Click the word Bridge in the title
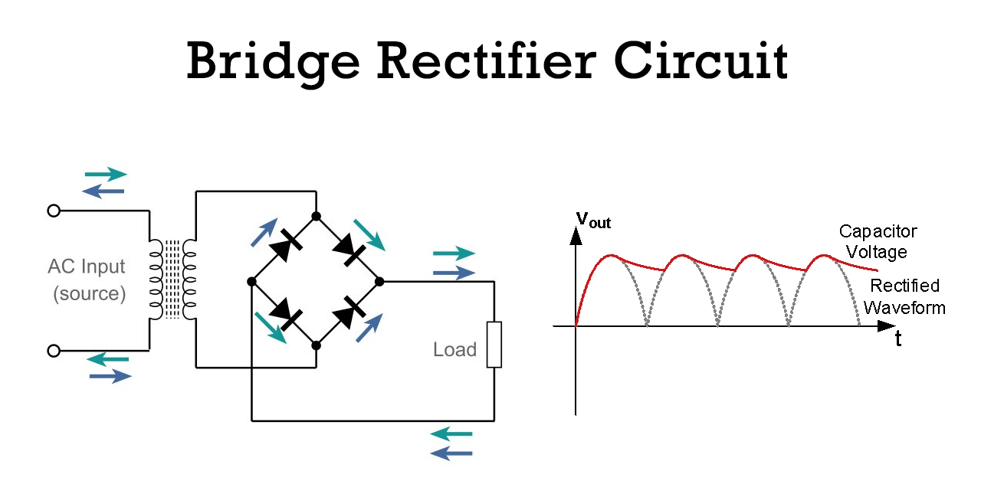point(274,63)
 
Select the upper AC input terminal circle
point(54,211)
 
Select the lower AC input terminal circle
point(54,351)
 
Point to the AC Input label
point(87,267)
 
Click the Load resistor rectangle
point(494,345)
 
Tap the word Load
point(454,350)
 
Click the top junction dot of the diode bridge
point(317,216)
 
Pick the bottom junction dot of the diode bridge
point(317,345)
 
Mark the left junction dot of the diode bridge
point(252,282)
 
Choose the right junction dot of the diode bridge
point(379,282)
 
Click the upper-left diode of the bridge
point(286,245)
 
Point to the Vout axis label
point(593,220)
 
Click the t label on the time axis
point(898,338)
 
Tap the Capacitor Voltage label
point(878,241)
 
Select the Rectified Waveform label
point(905,296)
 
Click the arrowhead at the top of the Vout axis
point(576,236)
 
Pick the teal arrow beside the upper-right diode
point(369,235)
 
